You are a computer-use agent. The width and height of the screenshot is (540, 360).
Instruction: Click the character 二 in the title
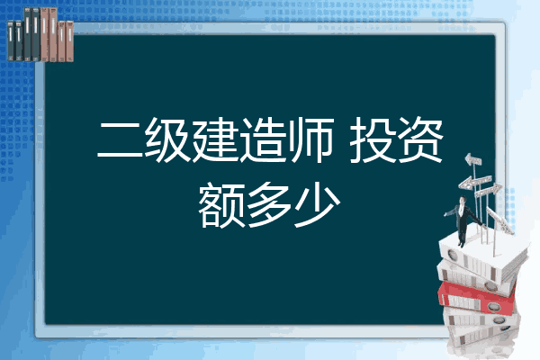tap(121, 139)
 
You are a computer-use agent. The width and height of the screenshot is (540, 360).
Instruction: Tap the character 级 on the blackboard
tap(167, 139)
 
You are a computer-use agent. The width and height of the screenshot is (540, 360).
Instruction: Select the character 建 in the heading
tap(215, 139)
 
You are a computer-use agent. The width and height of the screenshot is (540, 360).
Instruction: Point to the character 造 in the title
tap(263, 139)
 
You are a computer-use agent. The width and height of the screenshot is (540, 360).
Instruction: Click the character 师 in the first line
tap(310, 139)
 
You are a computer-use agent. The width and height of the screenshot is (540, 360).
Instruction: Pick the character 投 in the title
tap(372, 139)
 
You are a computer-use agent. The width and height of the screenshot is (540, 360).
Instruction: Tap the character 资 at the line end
tap(419, 139)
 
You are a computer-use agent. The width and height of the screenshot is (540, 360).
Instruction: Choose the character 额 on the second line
tap(222, 205)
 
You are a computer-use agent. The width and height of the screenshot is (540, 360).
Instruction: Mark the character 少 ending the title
tap(318, 204)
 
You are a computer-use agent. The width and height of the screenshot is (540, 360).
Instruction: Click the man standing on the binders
tap(463, 220)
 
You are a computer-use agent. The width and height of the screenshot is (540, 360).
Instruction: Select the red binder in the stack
tap(477, 298)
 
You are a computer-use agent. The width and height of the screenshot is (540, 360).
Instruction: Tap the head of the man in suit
tap(463, 200)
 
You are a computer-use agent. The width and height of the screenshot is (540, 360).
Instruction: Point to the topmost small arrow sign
tap(473, 160)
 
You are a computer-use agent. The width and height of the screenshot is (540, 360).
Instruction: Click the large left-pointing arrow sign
tap(474, 182)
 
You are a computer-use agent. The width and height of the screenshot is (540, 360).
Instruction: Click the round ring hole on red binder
tap(492, 307)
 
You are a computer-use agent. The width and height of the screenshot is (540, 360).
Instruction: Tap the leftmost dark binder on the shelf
tap(11, 40)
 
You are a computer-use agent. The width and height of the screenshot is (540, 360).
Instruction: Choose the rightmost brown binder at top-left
tap(69, 41)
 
